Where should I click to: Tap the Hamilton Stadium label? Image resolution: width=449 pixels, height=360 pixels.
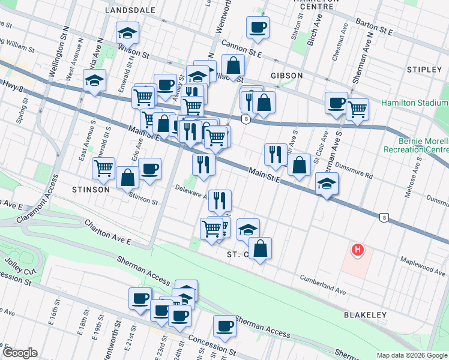point(414,103)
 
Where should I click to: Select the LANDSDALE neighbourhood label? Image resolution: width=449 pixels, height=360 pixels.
point(130,10)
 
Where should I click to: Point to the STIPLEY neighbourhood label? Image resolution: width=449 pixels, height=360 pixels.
point(424,70)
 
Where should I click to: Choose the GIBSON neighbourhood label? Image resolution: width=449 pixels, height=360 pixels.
point(286,76)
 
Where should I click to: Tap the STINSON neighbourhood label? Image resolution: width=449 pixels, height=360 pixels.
point(90,190)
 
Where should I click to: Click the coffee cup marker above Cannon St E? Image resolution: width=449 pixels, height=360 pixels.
point(258,28)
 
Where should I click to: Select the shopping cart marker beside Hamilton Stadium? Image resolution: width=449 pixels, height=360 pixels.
point(357,110)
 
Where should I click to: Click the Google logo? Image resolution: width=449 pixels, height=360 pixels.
point(20,353)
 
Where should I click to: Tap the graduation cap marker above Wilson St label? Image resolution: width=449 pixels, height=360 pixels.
point(127,34)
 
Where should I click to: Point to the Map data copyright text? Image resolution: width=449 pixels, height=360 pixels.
point(411,355)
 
